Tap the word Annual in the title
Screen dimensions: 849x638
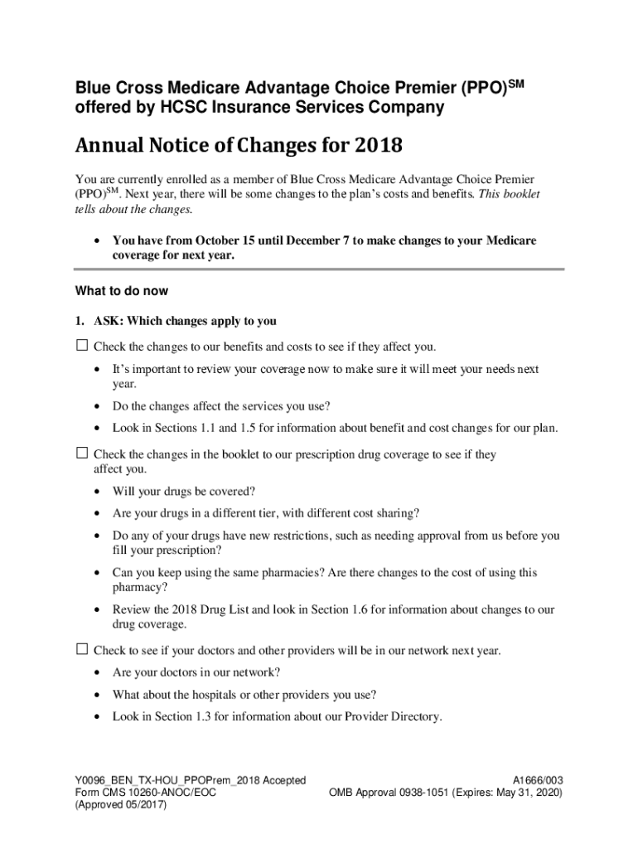click(x=106, y=147)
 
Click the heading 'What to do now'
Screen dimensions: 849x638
click(x=121, y=291)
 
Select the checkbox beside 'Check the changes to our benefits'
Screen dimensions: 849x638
click(x=82, y=345)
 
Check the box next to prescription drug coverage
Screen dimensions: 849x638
click(x=82, y=454)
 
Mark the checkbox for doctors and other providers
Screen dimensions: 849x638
click(x=82, y=649)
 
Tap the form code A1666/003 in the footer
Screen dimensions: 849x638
click(x=538, y=780)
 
